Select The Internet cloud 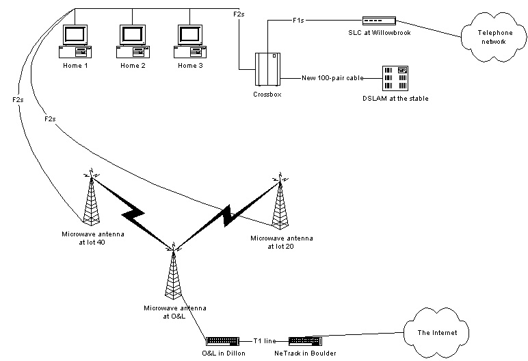click(x=436, y=332)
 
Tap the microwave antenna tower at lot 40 click(x=90, y=200)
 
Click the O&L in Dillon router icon click(x=223, y=340)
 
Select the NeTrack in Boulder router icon click(x=305, y=340)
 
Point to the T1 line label click(x=264, y=340)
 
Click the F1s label click(x=298, y=21)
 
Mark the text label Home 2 click(x=133, y=66)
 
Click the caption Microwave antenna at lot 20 click(x=281, y=241)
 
